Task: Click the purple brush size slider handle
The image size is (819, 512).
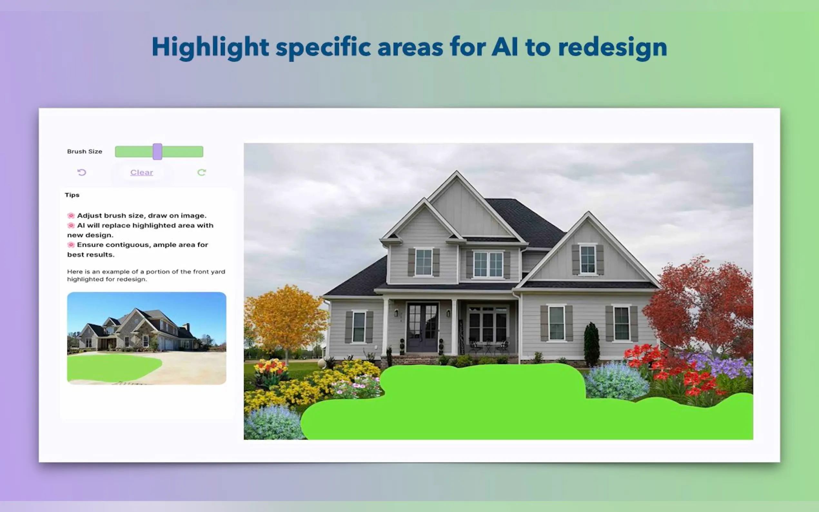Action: coord(157,151)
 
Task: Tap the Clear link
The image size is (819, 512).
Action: coord(142,172)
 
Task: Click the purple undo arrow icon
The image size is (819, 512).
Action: coord(82,172)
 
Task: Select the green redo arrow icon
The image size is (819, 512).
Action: coord(202,172)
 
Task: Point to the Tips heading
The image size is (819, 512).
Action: coord(72,195)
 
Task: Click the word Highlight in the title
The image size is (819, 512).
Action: coord(210,47)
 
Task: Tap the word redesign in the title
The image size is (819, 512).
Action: coord(612,47)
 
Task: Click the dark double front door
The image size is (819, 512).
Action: coord(422,327)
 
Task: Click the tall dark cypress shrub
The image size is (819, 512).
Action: coord(591,344)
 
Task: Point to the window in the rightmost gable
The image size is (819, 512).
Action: coord(587,259)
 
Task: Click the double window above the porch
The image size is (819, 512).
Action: coord(488,264)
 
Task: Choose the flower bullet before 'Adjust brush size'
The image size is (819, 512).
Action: coord(71,215)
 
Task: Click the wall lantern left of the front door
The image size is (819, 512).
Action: coord(396,313)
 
